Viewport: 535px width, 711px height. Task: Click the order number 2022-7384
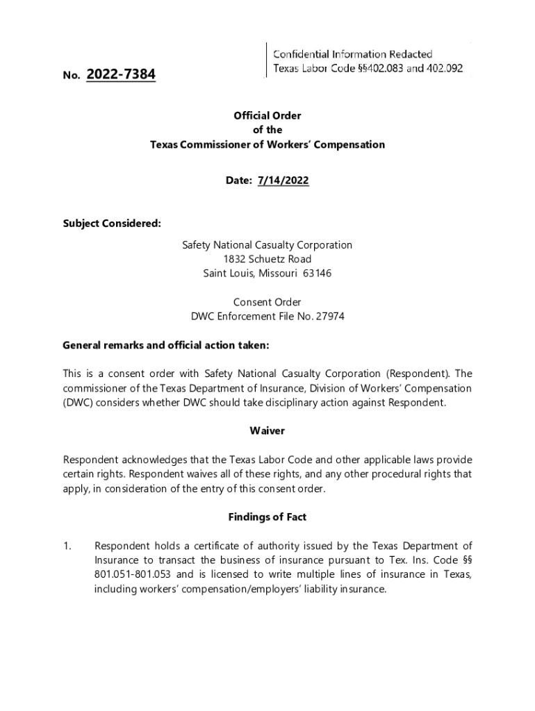121,74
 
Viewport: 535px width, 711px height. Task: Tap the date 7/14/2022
283,181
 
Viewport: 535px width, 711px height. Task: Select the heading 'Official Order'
267,116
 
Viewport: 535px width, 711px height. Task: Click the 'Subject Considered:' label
112,224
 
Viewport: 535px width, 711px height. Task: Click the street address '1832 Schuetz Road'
267,259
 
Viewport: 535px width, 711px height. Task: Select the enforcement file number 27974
330,317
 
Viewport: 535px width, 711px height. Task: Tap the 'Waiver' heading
267,431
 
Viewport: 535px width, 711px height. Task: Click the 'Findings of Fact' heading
267,517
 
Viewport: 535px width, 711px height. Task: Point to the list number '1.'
67,546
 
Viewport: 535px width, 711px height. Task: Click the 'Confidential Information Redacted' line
353,54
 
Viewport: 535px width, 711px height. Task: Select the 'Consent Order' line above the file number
267,302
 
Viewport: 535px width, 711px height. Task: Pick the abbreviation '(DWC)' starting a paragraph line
77,403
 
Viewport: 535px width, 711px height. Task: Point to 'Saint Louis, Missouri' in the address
252,274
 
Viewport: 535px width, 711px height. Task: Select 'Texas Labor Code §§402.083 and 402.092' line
368,69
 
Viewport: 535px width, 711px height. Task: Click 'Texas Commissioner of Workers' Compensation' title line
267,145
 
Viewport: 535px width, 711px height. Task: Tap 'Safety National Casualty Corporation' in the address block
267,245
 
